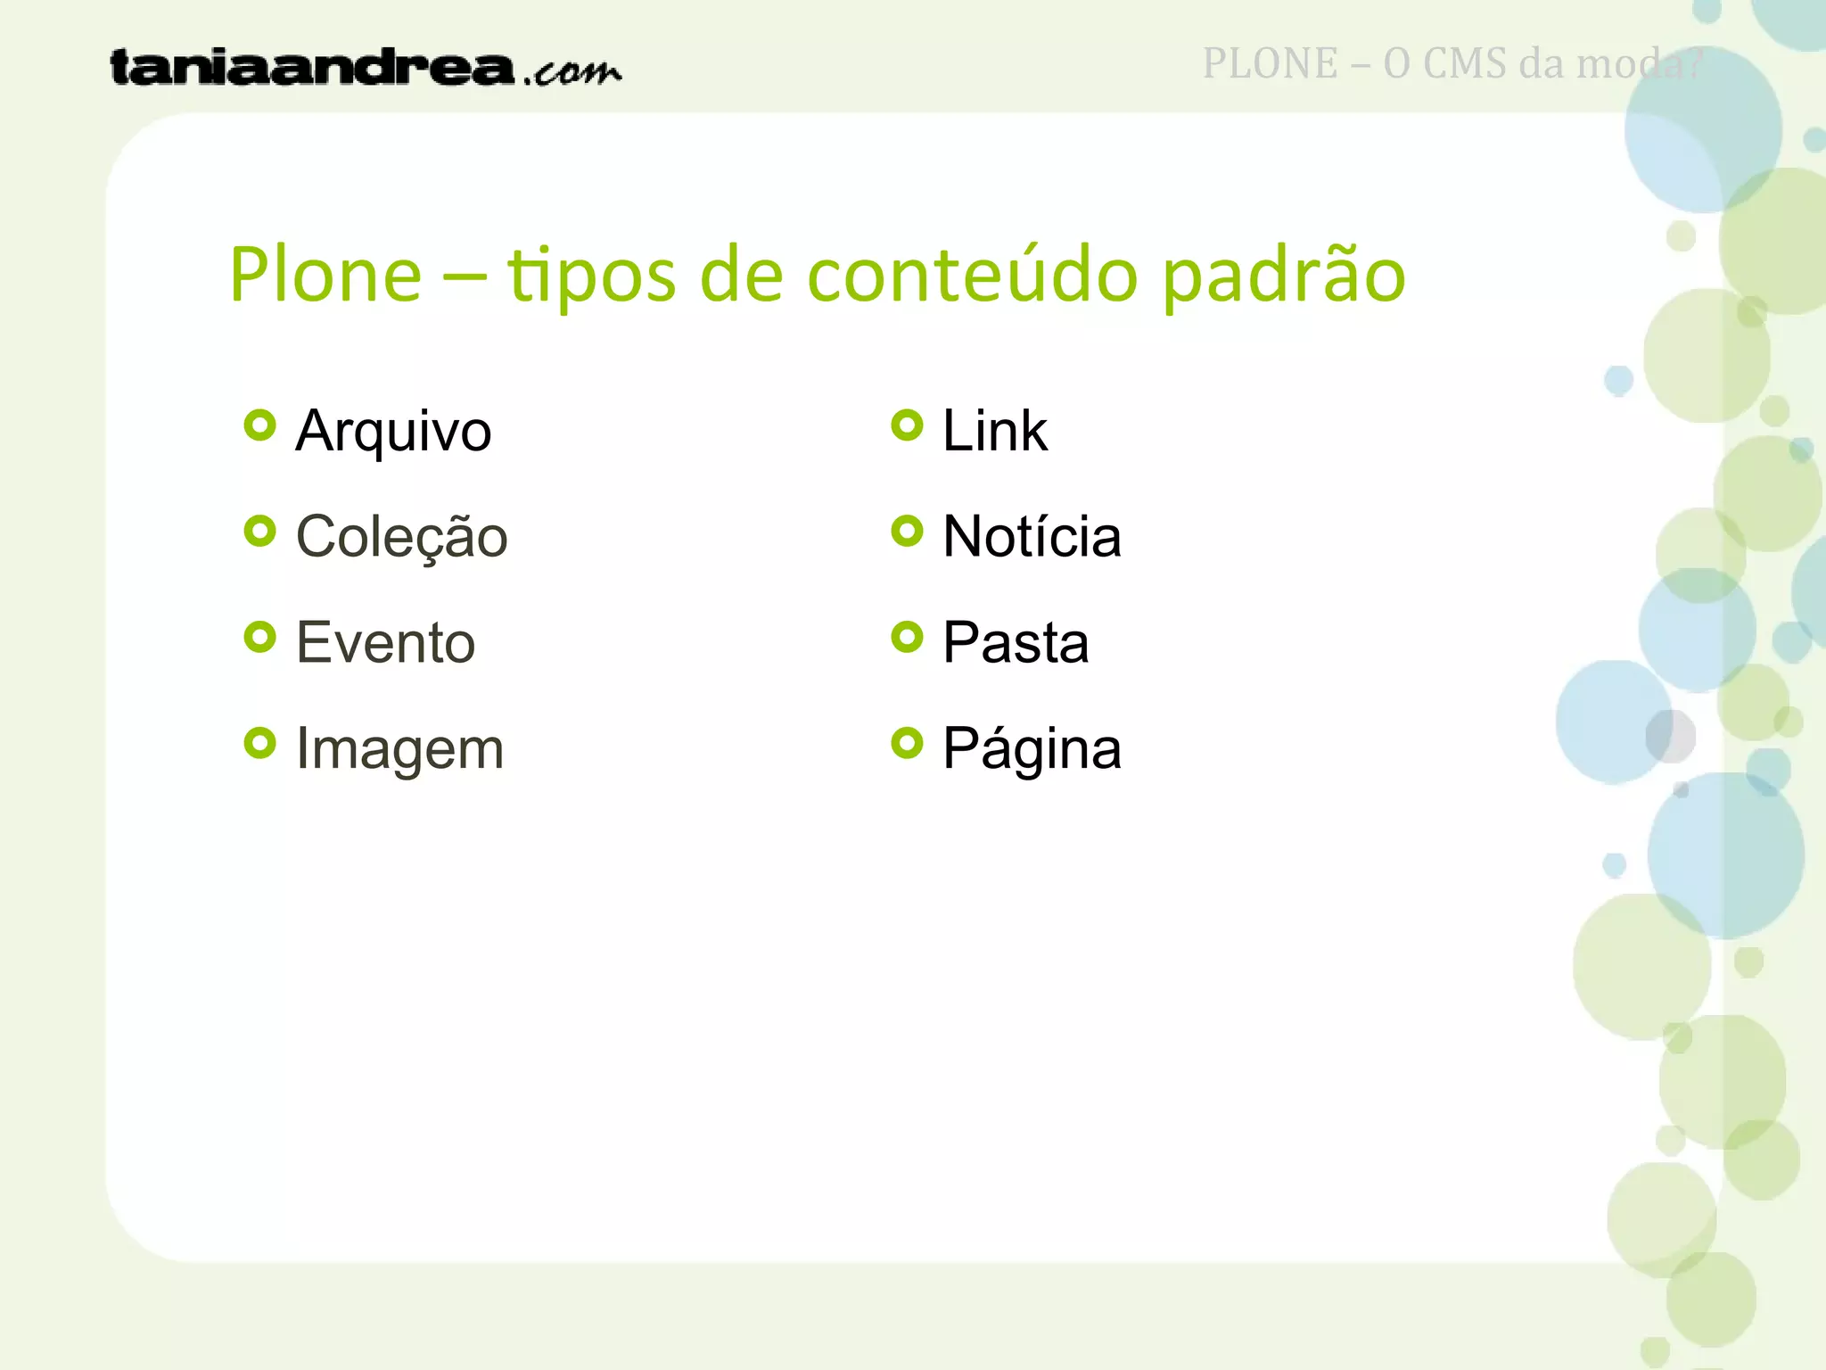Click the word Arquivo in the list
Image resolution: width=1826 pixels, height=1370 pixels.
[x=393, y=432]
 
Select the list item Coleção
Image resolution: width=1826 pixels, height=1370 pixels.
[x=401, y=538]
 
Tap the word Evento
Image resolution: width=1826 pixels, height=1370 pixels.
[x=385, y=643]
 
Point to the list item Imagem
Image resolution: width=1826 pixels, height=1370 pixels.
[x=399, y=748]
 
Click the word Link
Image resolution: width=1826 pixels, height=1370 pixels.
[x=994, y=432]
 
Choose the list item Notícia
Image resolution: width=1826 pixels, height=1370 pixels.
[x=1032, y=537]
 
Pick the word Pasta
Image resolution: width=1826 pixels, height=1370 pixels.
[x=1016, y=643]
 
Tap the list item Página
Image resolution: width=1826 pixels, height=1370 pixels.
[x=1032, y=749]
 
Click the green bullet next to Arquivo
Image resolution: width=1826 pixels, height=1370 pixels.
[x=259, y=425]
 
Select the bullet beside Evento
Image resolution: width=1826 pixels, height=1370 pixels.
[x=259, y=637]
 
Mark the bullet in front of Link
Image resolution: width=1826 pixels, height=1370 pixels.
[x=907, y=425]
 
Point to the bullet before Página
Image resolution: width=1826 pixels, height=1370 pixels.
[x=907, y=743]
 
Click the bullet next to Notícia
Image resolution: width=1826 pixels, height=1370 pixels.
[x=907, y=532]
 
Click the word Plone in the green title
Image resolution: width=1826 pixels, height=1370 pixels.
[x=325, y=275]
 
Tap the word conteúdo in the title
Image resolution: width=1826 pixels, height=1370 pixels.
[x=972, y=275]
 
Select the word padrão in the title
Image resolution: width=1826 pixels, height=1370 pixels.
[x=1284, y=276]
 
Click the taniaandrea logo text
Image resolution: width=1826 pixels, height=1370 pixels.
[x=312, y=68]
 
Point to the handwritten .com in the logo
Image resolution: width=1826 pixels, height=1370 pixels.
[x=572, y=71]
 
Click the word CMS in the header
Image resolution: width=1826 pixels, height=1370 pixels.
[x=1465, y=64]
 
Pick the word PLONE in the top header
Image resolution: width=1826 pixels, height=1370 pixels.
[x=1270, y=64]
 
